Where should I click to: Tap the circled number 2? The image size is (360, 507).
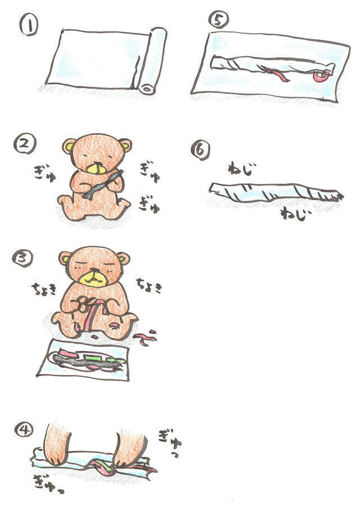[25, 144]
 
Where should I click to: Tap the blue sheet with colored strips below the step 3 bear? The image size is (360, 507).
[83, 360]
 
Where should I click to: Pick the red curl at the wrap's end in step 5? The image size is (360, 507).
[322, 76]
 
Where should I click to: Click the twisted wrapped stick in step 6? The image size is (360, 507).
[275, 193]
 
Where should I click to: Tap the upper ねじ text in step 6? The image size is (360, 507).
[240, 169]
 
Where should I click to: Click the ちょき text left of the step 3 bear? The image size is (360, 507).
[44, 289]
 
